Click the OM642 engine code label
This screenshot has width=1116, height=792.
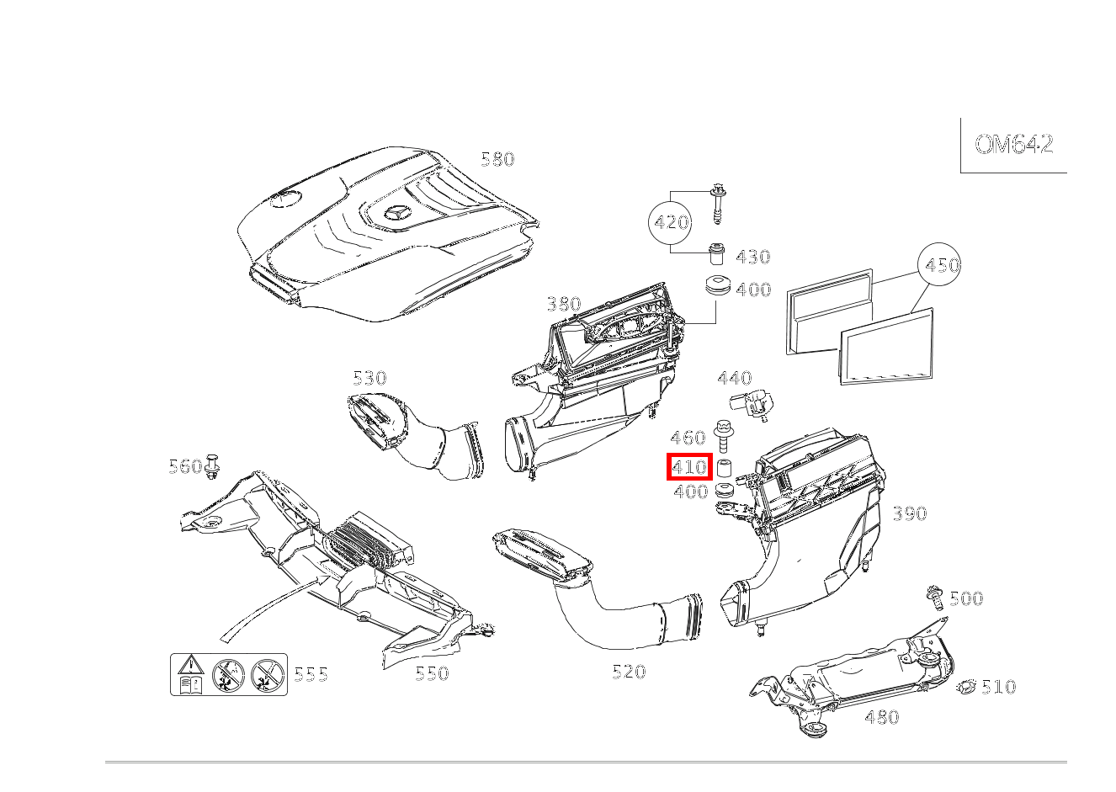tap(1013, 145)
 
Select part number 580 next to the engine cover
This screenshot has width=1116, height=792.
tap(497, 159)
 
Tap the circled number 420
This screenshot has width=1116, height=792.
tap(671, 223)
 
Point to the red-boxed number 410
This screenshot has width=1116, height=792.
tap(689, 466)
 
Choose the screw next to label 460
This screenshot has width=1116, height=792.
tap(722, 436)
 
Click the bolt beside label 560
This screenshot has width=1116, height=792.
tap(211, 466)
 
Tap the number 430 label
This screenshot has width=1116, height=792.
tap(752, 258)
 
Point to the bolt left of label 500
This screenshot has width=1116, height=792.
tap(933, 596)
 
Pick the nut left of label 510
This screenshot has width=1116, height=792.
tap(966, 688)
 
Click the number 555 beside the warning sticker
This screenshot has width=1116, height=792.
tap(311, 675)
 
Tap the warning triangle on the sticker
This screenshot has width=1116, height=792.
tap(191, 664)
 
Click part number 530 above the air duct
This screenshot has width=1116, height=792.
tap(369, 378)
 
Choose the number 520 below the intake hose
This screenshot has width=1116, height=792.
tap(629, 672)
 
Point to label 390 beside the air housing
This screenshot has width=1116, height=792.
tap(909, 513)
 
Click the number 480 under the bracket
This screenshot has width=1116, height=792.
tap(881, 717)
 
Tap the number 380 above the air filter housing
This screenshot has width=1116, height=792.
tap(563, 304)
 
